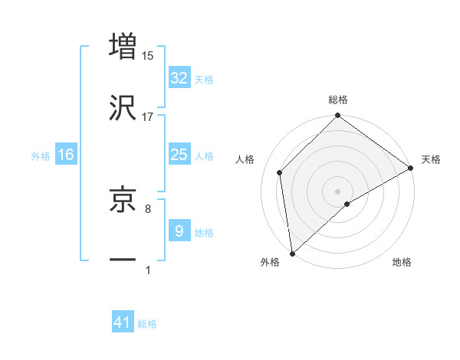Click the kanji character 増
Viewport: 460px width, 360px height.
[x=123, y=46]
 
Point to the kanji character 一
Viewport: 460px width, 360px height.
[x=123, y=260]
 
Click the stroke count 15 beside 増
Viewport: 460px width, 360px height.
[x=148, y=55]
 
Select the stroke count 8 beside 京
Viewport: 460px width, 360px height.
[x=147, y=208]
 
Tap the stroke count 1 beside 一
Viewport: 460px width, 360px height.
[x=148, y=270]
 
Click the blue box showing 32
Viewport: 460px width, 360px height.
[x=179, y=78]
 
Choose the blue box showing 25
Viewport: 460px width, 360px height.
[x=179, y=155]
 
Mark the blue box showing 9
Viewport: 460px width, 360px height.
[x=179, y=231]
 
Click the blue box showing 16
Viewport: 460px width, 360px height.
[x=66, y=155]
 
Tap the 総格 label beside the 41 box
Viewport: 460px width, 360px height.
[x=147, y=325]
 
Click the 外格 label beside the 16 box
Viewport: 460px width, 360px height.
[x=41, y=156]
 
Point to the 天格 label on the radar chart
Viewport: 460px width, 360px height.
[x=432, y=159]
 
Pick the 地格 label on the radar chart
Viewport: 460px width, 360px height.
[x=402, y=263]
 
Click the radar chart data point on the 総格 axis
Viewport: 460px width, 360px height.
[x=337, y=116]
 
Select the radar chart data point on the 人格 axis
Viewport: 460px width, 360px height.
[x=280, y=172]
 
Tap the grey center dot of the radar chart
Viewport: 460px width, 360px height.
[x=337, y=191]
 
